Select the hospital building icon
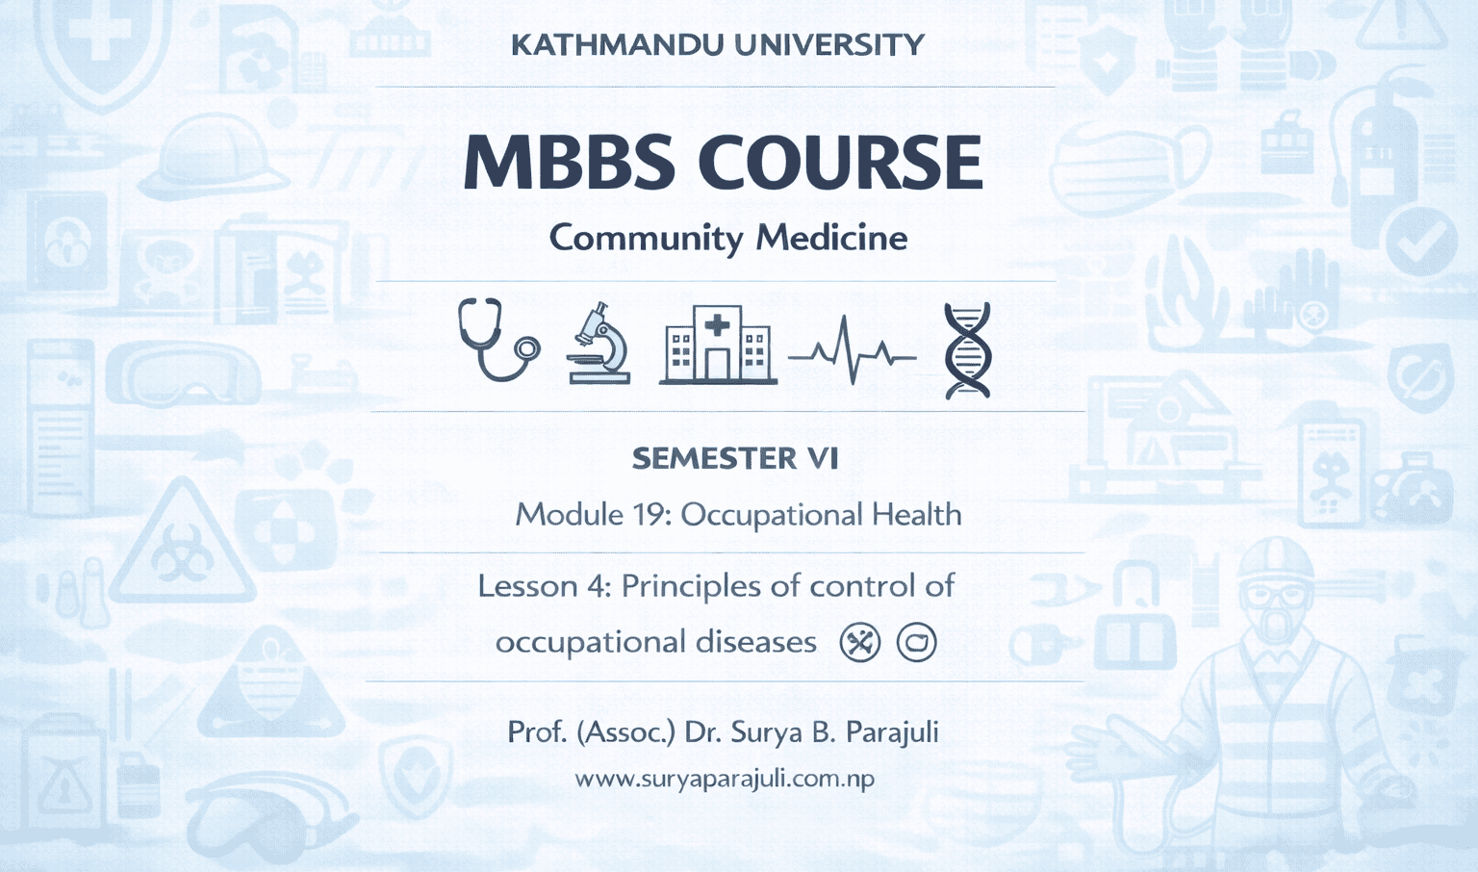[x=718, y=346]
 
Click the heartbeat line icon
[x=852, y=352]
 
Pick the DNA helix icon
[x=967, y=350]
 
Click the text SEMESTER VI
[x=735, y=458]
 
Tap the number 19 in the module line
[x=651, y=515]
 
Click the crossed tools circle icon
[x=859, y=642]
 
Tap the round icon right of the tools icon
[x=916, y=642]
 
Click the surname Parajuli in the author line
[x=891, y=732]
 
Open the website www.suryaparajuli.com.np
[x=725, y=779]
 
